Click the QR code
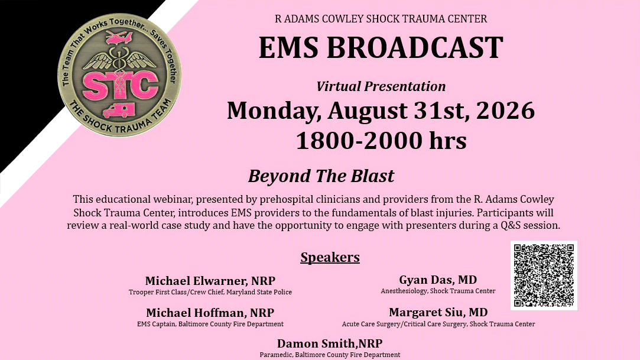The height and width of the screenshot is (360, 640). click(544, 275)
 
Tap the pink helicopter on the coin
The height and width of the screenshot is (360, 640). click(119, 38)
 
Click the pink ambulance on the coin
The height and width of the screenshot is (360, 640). click(118, 110)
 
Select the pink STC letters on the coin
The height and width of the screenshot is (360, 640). click(120, 85)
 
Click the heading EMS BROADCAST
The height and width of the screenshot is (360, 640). click(381, 48)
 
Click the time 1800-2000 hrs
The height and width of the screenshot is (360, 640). click(381, 141)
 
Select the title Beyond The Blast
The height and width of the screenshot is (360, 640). click(321, 176)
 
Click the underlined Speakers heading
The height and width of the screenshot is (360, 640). click(330, 257)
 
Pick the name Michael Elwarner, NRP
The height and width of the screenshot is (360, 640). click(210, 281)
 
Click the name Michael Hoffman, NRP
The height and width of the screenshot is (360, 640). click(210, 313)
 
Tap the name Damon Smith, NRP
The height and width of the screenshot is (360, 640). click(330, 343)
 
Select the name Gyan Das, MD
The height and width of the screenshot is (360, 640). click(438, 280)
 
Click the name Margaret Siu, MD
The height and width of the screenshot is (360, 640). click(438, 312)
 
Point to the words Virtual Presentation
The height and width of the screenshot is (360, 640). click(381, 86)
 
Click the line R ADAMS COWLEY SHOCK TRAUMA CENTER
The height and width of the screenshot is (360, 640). click(381, 19)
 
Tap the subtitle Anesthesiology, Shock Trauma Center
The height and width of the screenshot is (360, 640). click(438, 291)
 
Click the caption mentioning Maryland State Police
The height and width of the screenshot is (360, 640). click(210, 292)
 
